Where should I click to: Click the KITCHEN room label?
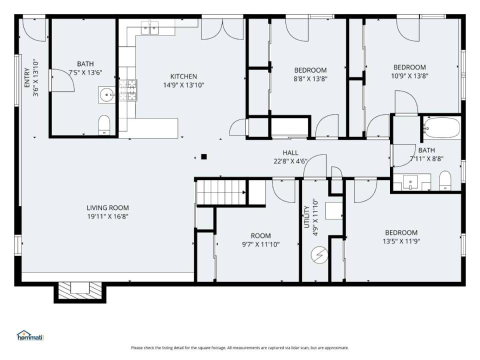[183, 76]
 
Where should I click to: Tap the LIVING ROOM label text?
[108, 208]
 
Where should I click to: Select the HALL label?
[290, 152]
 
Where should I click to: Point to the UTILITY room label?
[306, 217]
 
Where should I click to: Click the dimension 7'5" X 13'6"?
[85, 72]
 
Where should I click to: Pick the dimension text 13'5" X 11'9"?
[401, 241]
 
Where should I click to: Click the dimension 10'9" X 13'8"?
[409, 75]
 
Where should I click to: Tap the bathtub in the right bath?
[441, 127]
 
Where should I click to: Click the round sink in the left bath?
[106, 94]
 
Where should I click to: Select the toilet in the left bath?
[104, 124]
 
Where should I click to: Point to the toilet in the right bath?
[445, 180]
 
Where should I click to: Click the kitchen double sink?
[149, 27]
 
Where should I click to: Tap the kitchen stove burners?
[128, 90]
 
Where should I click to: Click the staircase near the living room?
[221, 192]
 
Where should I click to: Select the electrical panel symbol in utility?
[319, 254]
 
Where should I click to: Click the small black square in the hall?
[204, 157]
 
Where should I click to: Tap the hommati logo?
[30, 335]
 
